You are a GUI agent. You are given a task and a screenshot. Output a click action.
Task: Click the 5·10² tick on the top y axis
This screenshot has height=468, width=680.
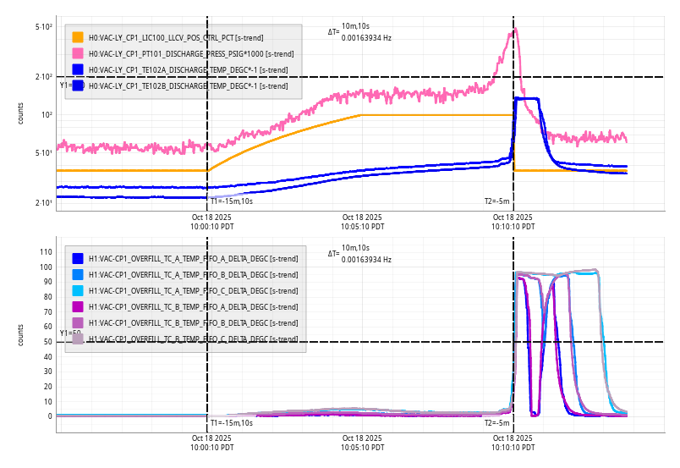[x=44, y=28]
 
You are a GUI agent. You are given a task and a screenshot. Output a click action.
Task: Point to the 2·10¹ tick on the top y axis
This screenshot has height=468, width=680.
[x=44, y=203]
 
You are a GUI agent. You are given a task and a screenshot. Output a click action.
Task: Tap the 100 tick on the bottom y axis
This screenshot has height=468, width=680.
[x=47, y=267]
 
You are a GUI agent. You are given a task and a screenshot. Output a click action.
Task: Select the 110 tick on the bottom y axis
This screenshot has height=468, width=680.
[x=47, y=252]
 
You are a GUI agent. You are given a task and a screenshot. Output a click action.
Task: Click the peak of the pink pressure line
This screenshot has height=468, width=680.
[x=515, y=30]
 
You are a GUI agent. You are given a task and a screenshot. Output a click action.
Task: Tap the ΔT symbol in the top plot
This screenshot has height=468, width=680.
[x=333, y=32]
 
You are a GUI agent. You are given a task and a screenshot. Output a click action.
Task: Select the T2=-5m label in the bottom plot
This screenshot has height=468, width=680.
[x=496, y=422]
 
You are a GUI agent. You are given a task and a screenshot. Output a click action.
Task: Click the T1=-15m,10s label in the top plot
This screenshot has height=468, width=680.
[x=231, y=201]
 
